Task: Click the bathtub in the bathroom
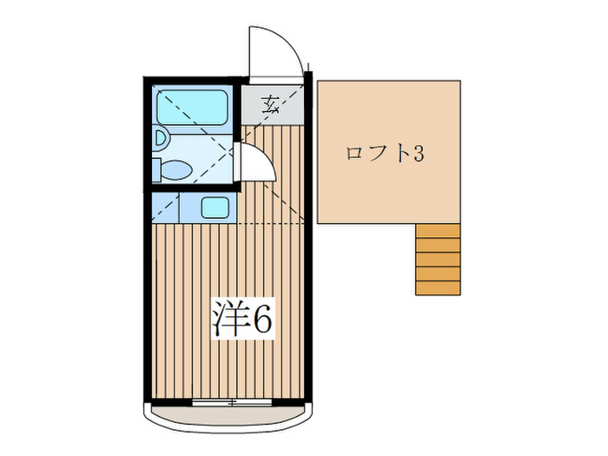point(191,106)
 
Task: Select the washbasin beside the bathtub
point(160,136)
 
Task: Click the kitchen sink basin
point(215,208)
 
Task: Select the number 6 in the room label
point(261,320)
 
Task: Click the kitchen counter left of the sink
point(165,208)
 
